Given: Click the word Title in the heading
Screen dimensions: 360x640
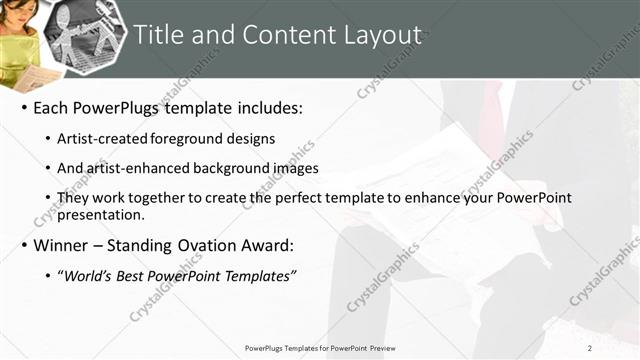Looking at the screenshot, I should tap(158, 37).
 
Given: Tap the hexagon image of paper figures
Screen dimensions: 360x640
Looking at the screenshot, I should tap(86, 35).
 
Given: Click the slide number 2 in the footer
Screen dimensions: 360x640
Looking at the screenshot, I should tap(590, 348).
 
